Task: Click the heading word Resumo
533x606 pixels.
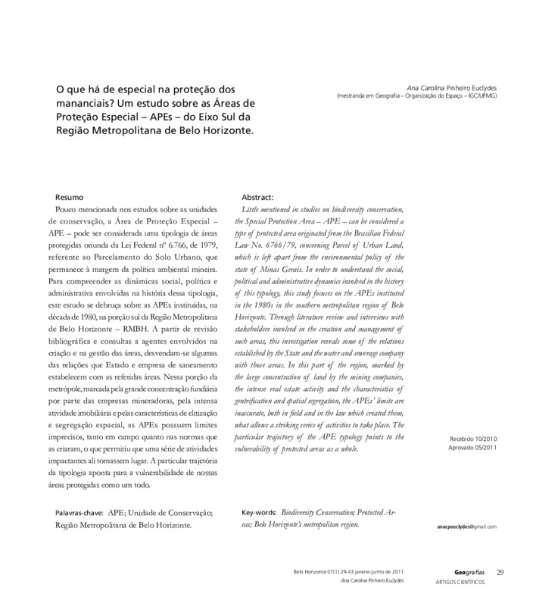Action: point(79,197)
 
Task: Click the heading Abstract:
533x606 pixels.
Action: point(257,197)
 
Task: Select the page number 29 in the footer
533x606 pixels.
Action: point(500,571)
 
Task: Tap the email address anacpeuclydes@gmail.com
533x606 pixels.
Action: point(467,526)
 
